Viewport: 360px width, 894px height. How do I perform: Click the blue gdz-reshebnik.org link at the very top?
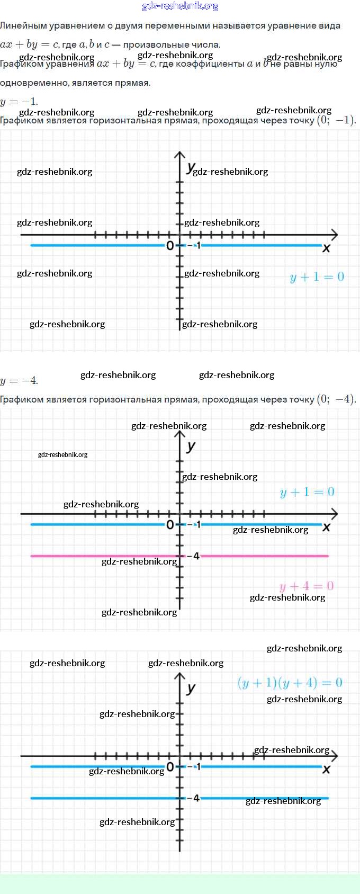(180, 6)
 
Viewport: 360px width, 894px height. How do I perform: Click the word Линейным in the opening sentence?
(20, 25)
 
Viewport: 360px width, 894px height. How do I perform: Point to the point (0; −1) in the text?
(336, 120)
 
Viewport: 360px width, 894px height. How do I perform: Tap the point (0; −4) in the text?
(336, 399)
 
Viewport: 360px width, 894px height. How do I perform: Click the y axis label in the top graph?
(190, 167)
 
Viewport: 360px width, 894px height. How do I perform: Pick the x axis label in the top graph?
(326, 248)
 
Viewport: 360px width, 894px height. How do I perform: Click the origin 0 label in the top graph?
(169, 246)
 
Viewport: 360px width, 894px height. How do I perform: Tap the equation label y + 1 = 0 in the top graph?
(317, 277)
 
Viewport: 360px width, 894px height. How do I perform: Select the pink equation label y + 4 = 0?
(307, 586)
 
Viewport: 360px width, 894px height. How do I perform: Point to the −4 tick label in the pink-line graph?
(195, 556)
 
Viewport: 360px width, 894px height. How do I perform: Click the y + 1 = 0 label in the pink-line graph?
(307, 492)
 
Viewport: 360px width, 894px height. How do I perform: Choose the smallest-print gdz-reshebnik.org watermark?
(62, 454)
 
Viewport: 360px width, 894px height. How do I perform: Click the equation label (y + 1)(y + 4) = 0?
(290, 683)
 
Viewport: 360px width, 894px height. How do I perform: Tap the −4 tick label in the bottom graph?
(195, 798)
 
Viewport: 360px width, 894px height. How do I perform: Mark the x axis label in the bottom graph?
(326, 769)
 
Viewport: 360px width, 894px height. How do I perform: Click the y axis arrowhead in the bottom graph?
(180, 676)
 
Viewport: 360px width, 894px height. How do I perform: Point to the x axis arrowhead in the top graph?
(334, 234)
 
